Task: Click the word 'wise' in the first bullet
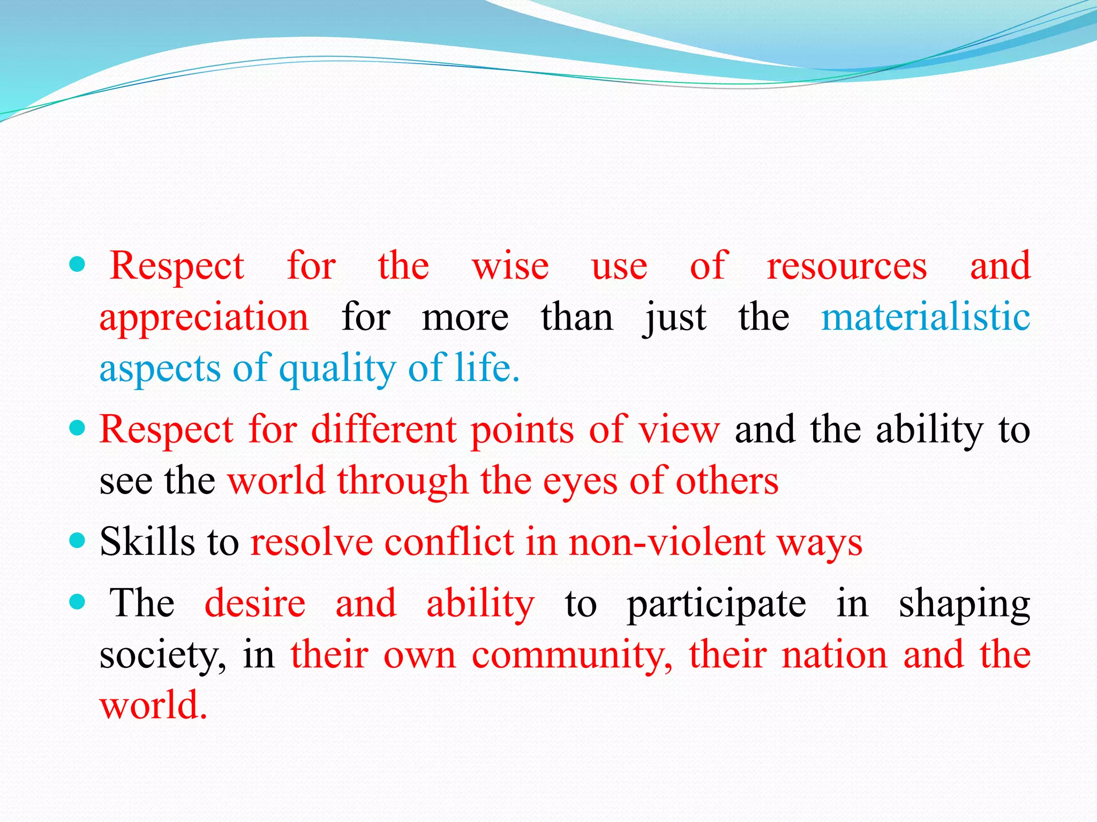pyautogui.click(x=510, y=267)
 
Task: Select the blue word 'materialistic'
pyautogui.click(x=926, y=317)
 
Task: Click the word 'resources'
pyautogui.click(x=846, y=267)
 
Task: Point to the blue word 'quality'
pyautogui.click(x=337, y=369)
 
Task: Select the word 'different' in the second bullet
pyautogui.click(x=384, y=430)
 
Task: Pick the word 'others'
pyautogui.click(x=727, y=481)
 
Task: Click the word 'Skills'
pyautogui.click(x=147, y=542)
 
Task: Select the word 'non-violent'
pyautogui.click(x=666, y=542)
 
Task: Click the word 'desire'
pyautogui.click(x=255, y=603)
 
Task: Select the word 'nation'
pyautogui.click(x=834, y=654)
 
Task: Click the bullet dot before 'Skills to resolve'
pyautogui.click(x=78, y=541)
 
